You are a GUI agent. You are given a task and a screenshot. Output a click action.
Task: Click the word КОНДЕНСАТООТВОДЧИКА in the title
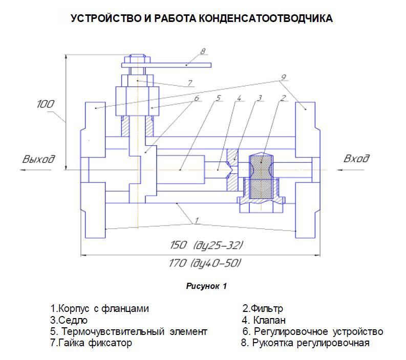point(265,19)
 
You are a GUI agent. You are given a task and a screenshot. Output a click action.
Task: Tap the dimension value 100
point(45,104)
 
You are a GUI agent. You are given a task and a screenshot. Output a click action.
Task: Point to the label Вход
point(357,159)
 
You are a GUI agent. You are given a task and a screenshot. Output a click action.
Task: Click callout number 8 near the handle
point(203,51)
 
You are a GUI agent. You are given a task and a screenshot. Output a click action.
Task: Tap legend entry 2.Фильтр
point(263,309)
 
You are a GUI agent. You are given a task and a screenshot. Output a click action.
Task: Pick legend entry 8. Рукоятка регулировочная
point(305,343)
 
